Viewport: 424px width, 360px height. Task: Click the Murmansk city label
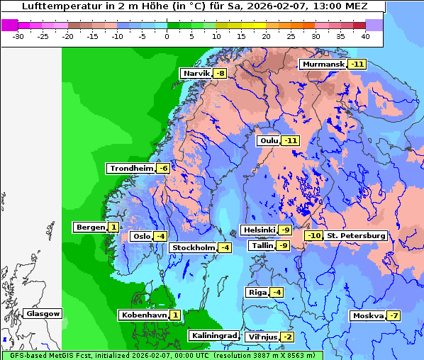(323, 64)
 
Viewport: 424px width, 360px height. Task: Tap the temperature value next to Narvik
(221, 74)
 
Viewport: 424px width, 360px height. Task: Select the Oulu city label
(269, 141)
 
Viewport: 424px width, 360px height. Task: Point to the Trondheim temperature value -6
(163, 169)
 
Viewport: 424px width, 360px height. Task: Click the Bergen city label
(89, 227)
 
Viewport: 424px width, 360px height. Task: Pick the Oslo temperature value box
(161, 237)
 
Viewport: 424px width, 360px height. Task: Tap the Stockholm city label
(192, 247)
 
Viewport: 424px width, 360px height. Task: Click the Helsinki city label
(259, 230)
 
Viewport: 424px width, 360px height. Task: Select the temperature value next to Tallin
(283, 246)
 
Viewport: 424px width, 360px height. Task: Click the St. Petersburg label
(355, 236)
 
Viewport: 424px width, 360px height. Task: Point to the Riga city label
(256, 293)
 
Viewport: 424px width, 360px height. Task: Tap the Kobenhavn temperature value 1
(174, 315)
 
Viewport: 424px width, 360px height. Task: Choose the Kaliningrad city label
(213, 336)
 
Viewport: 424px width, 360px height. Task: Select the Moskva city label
(367, 316)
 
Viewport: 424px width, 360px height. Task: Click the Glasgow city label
(43, 314)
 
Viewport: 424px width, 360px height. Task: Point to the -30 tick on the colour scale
(18, 36)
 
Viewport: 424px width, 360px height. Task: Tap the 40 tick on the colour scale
(365, 36)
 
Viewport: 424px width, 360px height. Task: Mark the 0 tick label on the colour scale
(167, 36)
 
